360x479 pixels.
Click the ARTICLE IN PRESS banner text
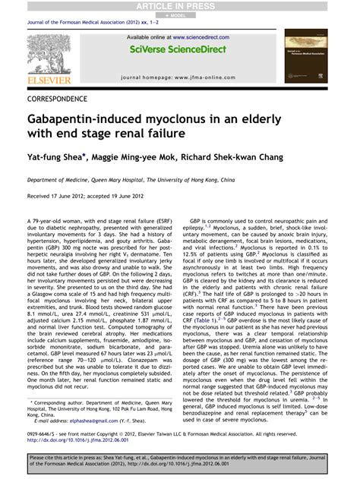pyautogui.click(x=179, y=5)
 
